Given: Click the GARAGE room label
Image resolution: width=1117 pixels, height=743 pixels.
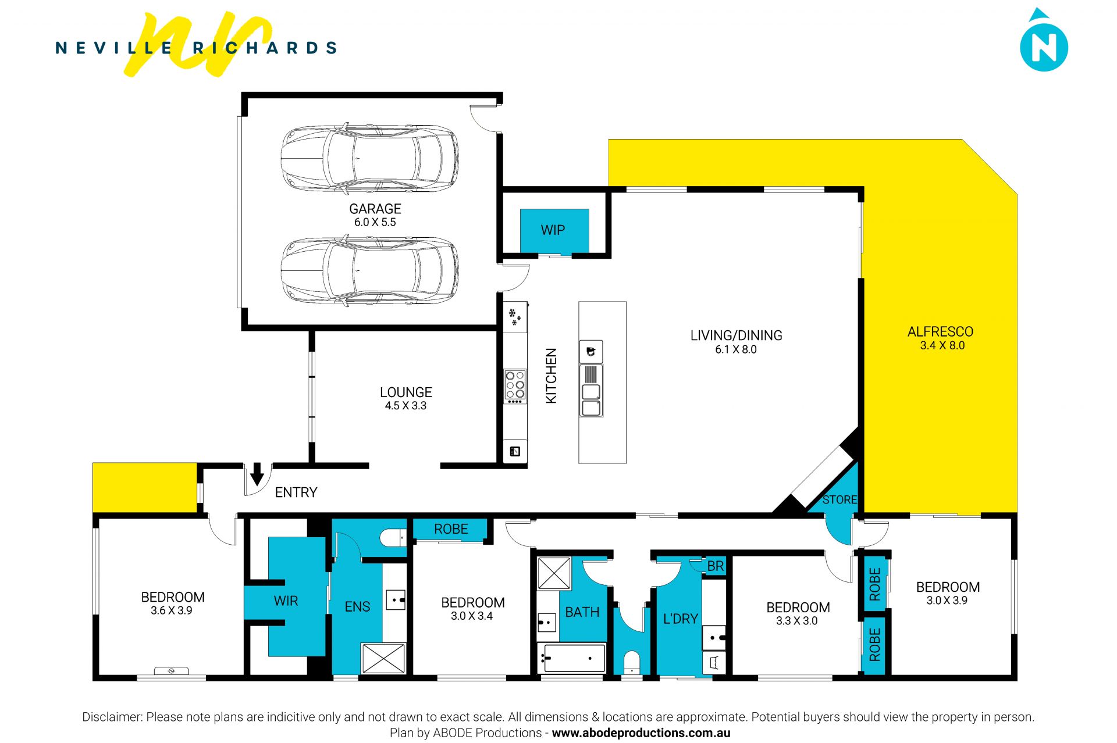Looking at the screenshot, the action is click(375, 209).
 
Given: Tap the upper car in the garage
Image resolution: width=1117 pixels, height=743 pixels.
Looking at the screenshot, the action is click(369, 158).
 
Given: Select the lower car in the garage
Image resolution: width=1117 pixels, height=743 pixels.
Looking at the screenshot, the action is click(369, 270).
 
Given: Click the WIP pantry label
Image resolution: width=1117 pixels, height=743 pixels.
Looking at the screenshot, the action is click(553, 230).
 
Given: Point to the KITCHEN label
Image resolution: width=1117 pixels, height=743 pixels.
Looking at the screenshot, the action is click(551, 376).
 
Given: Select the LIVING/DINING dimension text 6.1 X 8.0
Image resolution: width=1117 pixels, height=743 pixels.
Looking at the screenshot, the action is click(736, 349).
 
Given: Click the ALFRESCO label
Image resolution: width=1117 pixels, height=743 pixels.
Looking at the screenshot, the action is click(940, 332).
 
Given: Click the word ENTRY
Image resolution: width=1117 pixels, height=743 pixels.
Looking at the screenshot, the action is click(296, 492).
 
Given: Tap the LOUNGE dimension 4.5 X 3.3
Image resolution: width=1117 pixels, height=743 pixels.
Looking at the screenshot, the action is click(405, 406).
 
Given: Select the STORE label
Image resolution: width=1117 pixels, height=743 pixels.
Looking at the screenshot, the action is click(839, 499).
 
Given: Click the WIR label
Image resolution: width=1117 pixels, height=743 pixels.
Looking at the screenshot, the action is click(286, 601).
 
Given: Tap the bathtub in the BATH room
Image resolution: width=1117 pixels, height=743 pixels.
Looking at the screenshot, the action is click(571, 658).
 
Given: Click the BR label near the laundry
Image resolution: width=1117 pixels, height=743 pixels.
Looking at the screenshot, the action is click(716, 566).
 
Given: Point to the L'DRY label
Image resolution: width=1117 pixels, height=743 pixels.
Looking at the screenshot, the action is click(681, 619).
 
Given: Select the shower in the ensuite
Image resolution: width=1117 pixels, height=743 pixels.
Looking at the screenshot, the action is click(383, 658).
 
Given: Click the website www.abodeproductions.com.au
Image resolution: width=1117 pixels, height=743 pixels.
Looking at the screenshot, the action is click(641, 733).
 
